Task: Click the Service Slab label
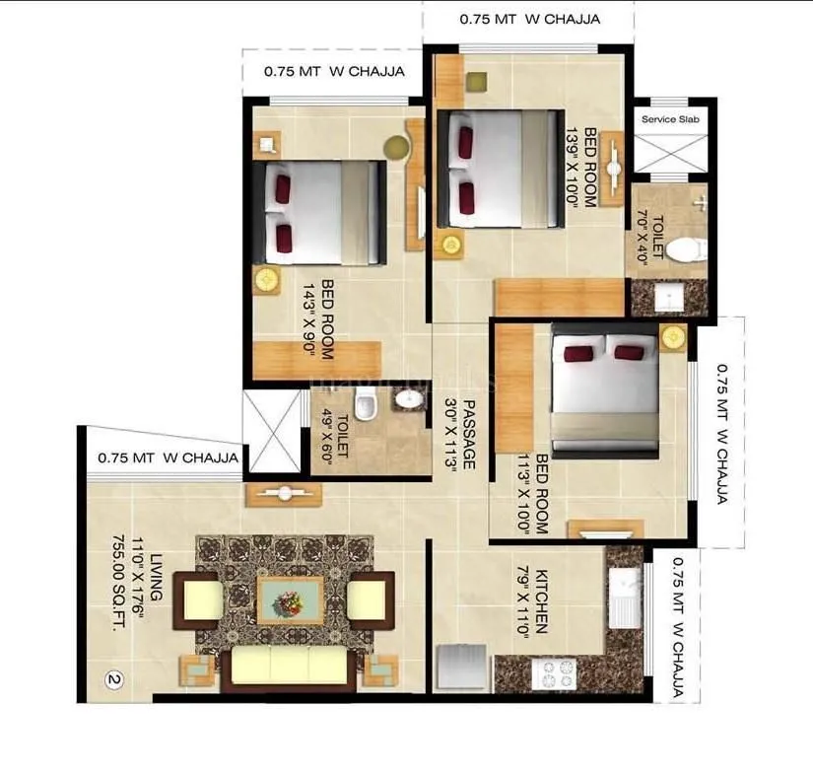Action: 672,119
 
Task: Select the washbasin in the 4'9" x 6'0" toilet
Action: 407,398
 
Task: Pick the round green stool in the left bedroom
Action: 394,148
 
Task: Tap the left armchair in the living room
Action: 203,599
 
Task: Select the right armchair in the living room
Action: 368,599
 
